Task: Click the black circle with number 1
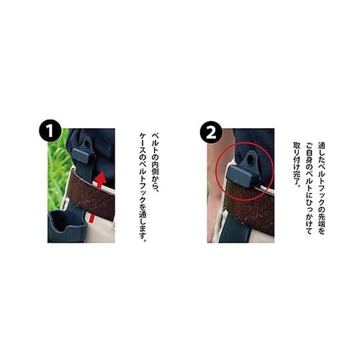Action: (50, 130)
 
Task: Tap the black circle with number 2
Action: (211, 132)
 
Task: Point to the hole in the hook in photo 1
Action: (86, 143)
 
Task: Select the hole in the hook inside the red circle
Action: (251, 160)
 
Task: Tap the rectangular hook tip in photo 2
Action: (243, 176)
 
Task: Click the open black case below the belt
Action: (67, 226)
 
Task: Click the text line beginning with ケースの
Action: (143, 187)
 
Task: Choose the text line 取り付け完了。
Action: (297, 166)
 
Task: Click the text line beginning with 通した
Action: (321, 188)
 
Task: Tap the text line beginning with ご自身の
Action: (309, 188)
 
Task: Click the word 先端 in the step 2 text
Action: (321, 217)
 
